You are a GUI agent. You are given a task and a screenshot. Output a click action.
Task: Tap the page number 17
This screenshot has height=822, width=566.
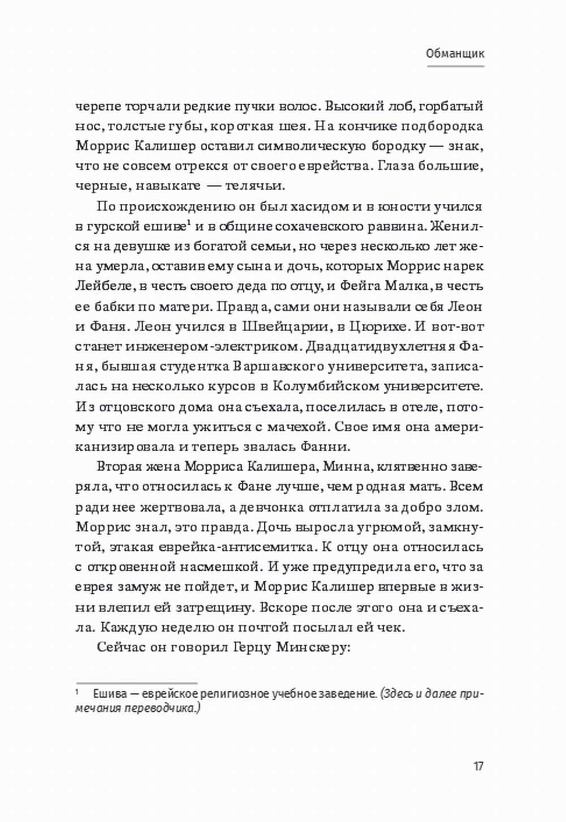tap(478, 767)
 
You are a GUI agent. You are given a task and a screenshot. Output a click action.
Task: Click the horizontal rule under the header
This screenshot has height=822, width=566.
tap(454, 66)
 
